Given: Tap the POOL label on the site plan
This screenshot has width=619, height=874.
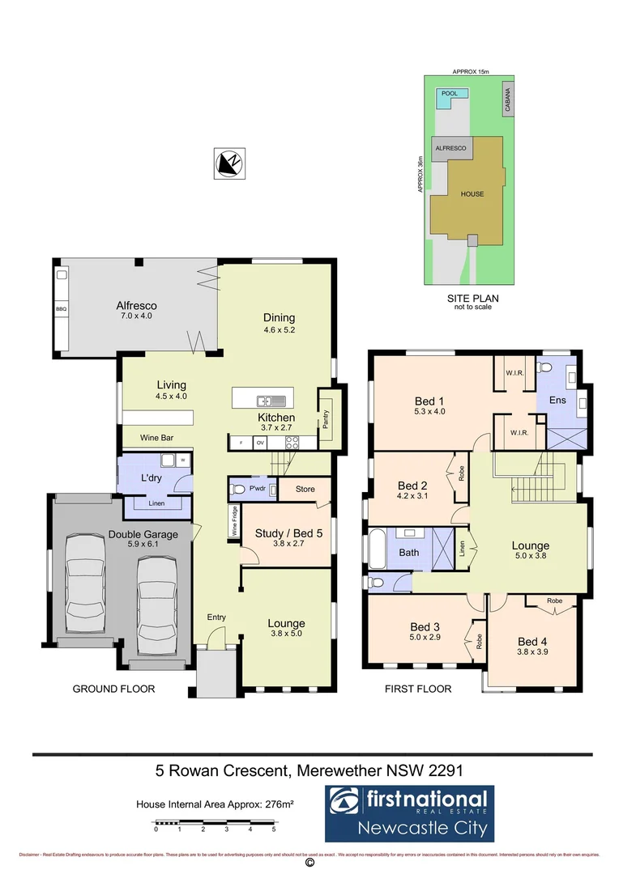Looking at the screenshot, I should pyautogui.click(x=450, y=94).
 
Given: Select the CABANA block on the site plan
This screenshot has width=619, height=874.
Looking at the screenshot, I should pyautogui.click(x=508, y=99).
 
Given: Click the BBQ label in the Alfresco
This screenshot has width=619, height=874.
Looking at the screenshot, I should pyautogui.click(x=61, y=310).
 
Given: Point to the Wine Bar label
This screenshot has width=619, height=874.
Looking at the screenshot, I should pyautogui.click(x=156, y=438).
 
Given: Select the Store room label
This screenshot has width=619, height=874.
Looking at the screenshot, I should pyautogui.click(x=305, y=489).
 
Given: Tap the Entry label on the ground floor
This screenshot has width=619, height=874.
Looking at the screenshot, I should pyautogui.click(x=216, y=617).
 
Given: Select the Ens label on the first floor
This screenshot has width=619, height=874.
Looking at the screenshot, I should pyautogui.click(x=557, y=400).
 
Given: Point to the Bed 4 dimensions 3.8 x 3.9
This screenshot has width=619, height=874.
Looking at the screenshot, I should pyautogui.click(x=532, y=651).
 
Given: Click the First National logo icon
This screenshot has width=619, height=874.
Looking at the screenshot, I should pyautogui.click(x=345, y=802).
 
